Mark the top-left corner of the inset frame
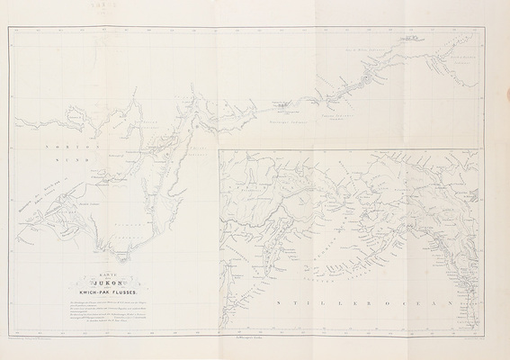[220, 150]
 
